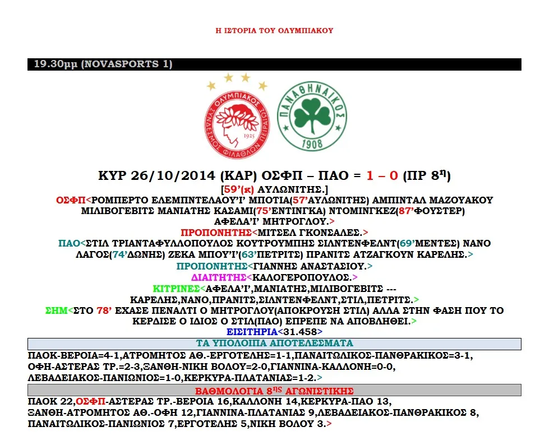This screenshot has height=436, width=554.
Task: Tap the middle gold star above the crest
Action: tap(228, 77)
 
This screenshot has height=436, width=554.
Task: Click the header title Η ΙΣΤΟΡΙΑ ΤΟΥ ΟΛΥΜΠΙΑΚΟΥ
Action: tap(274, 30)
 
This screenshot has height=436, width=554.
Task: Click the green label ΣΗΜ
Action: tap(56, 310)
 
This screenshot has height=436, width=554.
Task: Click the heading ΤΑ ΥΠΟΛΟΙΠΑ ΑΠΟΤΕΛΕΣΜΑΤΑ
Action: tap(274, 344)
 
